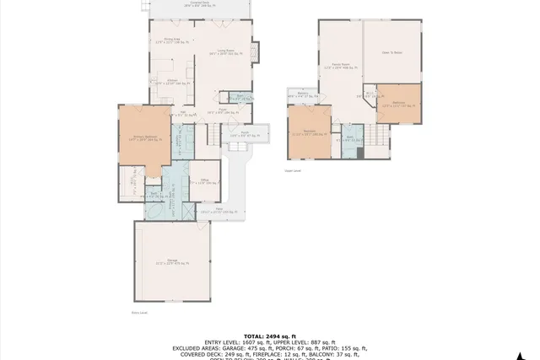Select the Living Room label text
click(x=224, y=52)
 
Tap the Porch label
click(x=244, y=133)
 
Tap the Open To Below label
click(x=392, y=53)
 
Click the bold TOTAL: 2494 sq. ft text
click(x=269, y=335)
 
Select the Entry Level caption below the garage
click(x=139, y=312)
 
